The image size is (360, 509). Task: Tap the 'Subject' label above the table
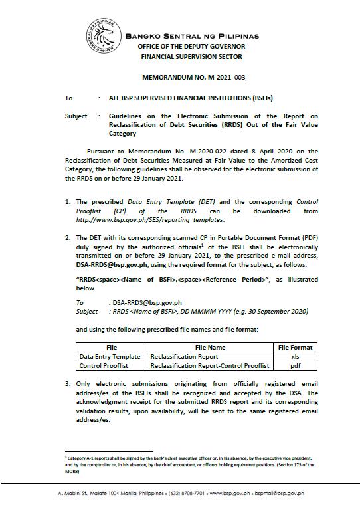[76, 116]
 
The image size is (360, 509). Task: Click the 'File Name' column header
[210, 347]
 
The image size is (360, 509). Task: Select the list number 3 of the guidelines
[68, 383]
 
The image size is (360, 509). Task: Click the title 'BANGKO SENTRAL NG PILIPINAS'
[192, 35]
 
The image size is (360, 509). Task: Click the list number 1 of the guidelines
[68, 201]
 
